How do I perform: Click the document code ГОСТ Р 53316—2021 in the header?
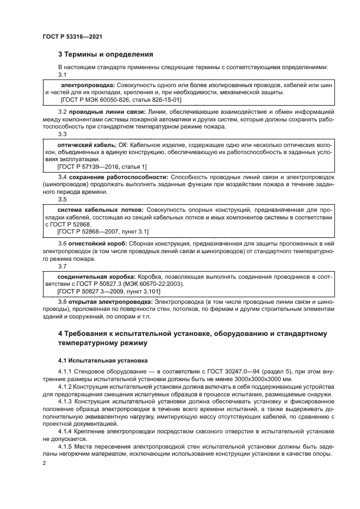click(72, 36)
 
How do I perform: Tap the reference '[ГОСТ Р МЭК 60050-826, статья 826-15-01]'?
click(120, 100)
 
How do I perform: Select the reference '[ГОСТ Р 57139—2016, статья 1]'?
click(102, 166)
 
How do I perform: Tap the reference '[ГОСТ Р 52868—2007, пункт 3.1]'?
click(103, 231)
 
